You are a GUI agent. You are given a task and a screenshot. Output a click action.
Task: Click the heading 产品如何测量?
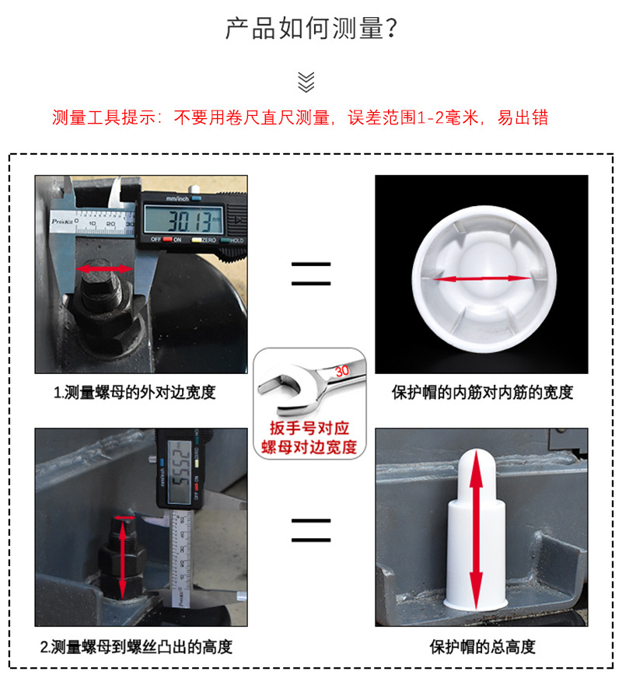[311, 29]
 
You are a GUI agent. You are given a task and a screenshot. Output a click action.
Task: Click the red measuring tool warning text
[300, 118]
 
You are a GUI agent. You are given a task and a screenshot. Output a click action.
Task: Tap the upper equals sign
[311, 273]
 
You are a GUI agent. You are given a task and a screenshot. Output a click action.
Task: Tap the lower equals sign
[311, 530]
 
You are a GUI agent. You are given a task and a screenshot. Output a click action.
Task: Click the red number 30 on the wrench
[341, 371]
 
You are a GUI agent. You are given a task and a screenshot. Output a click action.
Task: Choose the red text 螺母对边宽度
[309, 447]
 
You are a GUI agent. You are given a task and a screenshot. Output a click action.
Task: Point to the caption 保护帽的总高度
[482, 647]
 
